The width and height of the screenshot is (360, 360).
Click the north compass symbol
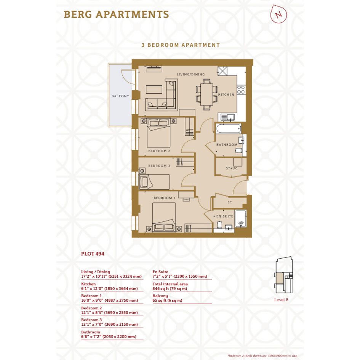click(278, 14)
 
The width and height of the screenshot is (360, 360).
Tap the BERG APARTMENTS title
click(117, 14)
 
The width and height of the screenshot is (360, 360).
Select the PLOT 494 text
click(93, 254)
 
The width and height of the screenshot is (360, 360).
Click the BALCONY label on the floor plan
click(120, 96)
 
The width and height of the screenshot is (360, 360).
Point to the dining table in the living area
click(206, 94)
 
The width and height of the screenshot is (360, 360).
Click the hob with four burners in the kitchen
click(241, 90)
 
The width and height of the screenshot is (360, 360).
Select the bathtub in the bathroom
click(229, 129)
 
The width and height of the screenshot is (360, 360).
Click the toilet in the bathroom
click(239, 150)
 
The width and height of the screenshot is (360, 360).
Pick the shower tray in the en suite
click(241, 219)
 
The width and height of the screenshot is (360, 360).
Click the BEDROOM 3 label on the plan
click(159, 166)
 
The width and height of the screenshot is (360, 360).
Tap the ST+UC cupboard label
click(232, 168)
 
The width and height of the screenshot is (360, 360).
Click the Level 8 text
click(281, 300)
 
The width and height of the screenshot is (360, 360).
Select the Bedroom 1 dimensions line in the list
click(109, 300)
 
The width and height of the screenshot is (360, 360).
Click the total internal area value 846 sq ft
click(170, 289)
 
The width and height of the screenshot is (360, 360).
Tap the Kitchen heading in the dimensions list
click(88, 284)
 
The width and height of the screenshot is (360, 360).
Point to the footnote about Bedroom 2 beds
click(262, 356)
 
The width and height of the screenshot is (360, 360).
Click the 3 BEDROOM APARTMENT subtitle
click(181, 45)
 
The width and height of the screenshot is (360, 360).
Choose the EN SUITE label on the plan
click(224, 216)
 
